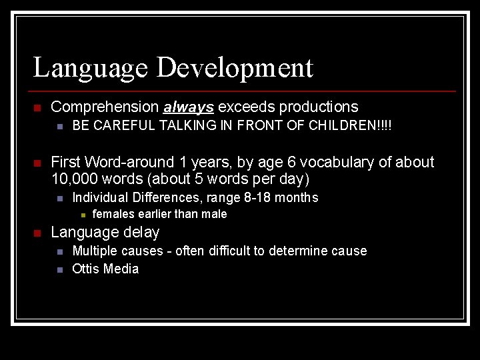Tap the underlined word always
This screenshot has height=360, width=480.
click(x=188, y=107)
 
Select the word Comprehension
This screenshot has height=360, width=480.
click(x=105, y=107)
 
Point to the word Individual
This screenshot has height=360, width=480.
click(x=101, y=197)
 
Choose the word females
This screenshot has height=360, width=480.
click(x=113, y=214)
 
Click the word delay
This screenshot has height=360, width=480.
click(x=141, y=232)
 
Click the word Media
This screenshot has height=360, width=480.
click(x=122, y=269)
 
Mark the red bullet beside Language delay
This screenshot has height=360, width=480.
click(x=38, y=233)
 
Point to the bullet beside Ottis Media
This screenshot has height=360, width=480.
click(x=59, y=269)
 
